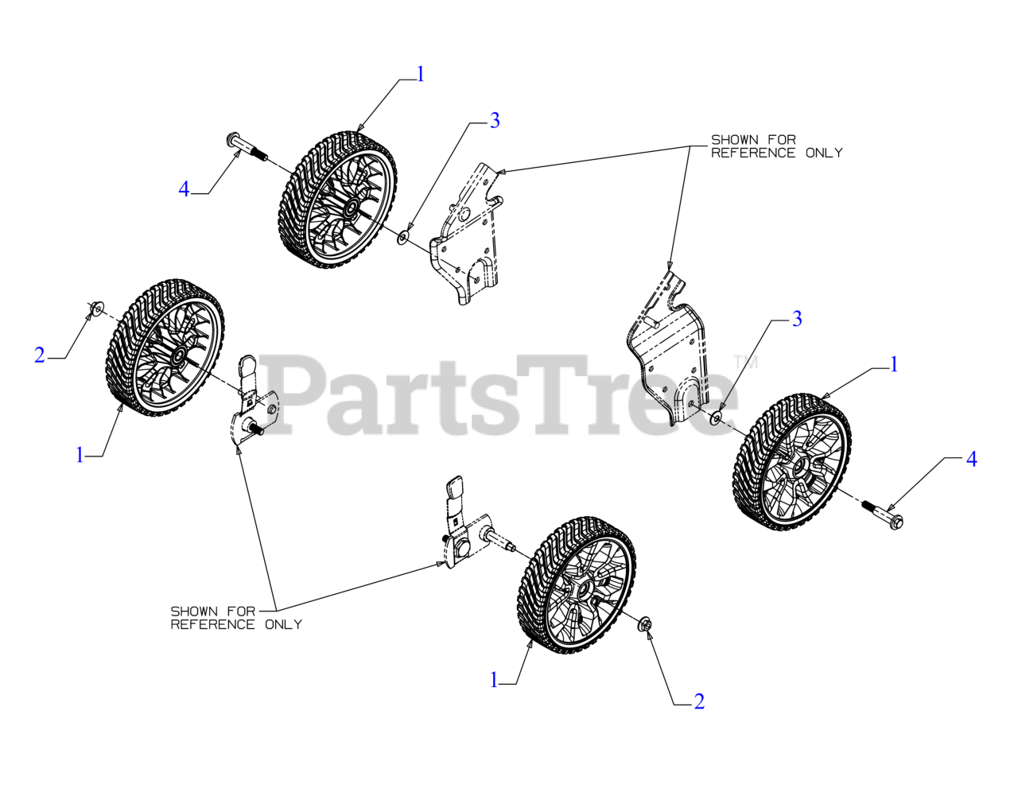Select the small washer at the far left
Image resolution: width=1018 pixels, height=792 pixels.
coord(96,308)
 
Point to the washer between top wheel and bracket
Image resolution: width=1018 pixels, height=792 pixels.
coord(404,236)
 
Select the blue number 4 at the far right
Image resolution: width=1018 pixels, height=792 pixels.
coord(971,459)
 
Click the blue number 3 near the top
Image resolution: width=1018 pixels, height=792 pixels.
coord(495,121)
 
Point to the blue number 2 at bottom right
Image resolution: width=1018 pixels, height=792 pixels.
coord(699,701)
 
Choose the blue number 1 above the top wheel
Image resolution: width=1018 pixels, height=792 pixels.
coord(421,74)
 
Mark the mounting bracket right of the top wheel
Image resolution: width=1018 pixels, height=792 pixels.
coord(469,239)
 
